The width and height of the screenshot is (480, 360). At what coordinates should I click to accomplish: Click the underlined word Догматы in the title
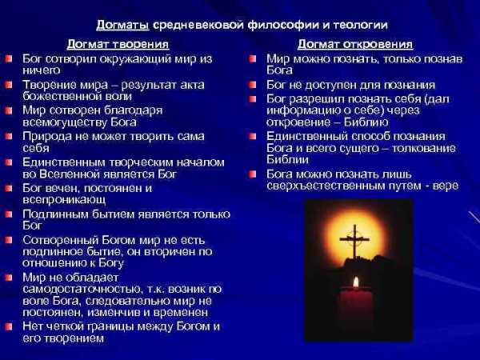coord(122,25)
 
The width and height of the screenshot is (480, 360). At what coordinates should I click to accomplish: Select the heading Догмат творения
coord(118,44)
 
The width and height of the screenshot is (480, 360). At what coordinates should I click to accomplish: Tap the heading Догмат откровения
coord(355,44)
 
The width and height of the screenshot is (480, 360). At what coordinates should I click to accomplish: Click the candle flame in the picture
coord(356,282)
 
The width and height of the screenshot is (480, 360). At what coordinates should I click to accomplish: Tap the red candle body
coord(356,308)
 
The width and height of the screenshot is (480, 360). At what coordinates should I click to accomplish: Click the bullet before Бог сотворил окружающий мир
coord(9,58)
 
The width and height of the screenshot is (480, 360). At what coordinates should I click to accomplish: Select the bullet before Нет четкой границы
coord(9,326)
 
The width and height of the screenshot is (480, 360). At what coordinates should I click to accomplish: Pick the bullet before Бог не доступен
coord(252,85)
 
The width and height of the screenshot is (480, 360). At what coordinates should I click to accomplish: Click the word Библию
coord(366,122)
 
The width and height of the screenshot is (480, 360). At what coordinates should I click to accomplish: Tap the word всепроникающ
coord(64,200)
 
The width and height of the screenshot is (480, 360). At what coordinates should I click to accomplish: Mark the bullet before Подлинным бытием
coord(9,214)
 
